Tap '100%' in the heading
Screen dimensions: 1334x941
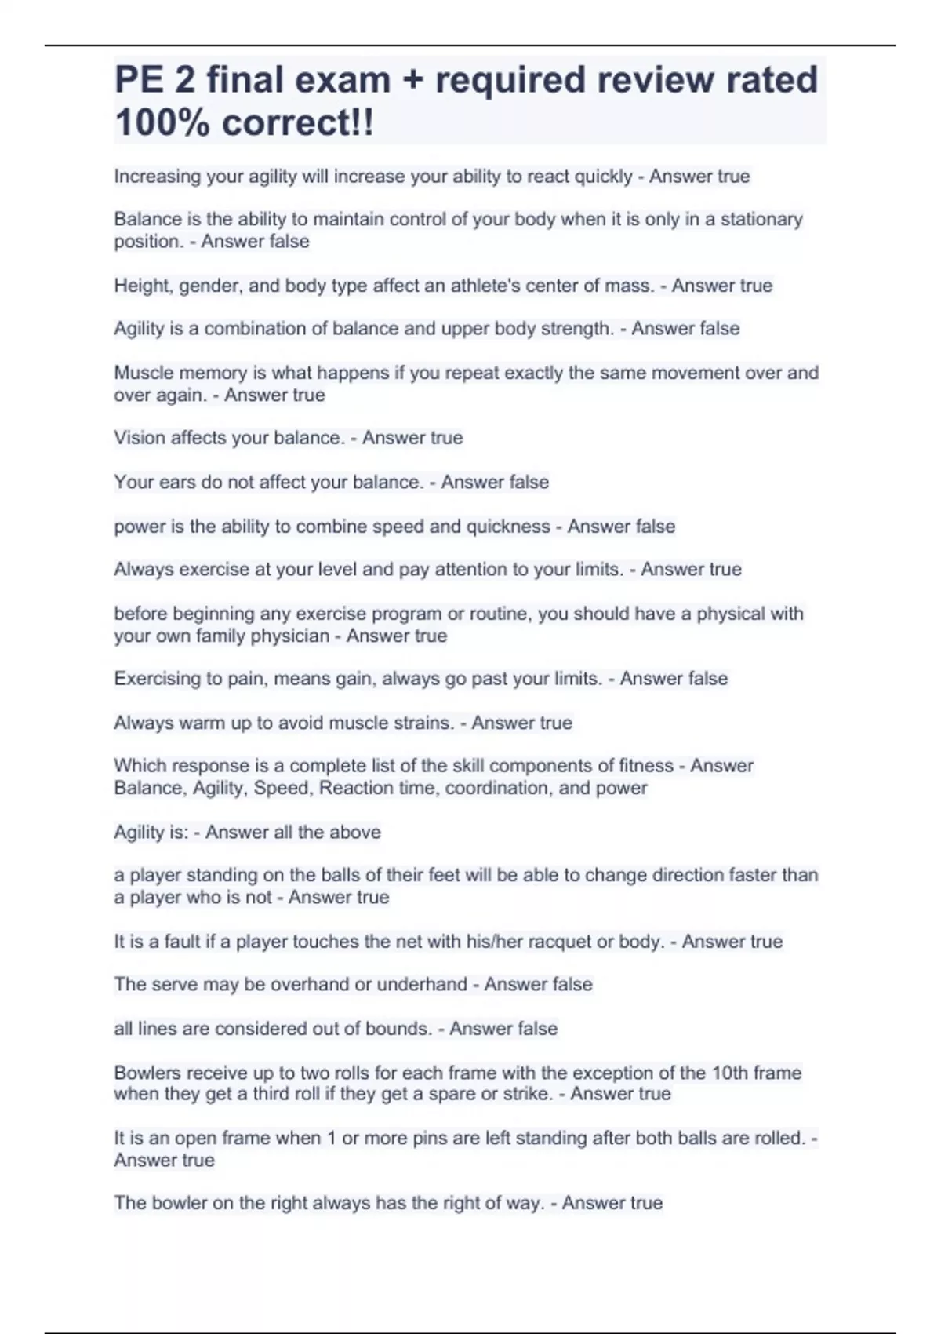(x=162, y=122)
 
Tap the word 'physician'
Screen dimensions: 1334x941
(x=291, y=636)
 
